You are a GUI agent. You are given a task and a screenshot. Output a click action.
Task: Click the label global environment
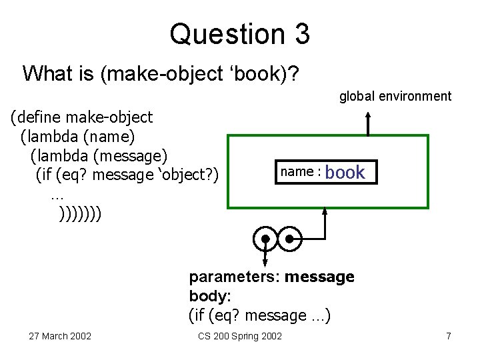(x=395, y=97)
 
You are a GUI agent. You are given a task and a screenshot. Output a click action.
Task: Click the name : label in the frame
(x=301, y=172)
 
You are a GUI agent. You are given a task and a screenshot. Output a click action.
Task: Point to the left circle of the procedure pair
(x=265, y=238)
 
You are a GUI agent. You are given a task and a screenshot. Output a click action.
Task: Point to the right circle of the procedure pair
(x=289, y=238)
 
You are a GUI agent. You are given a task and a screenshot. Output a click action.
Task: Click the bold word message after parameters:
(x=319, y=276)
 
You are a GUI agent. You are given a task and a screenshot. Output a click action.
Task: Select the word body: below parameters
(x=209, y=295)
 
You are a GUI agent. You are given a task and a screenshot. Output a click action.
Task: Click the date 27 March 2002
(x=60, y=335)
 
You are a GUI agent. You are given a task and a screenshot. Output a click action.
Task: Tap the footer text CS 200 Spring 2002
(x=240, y=335)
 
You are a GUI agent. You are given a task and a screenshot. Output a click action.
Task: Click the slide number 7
(x=449, y=335)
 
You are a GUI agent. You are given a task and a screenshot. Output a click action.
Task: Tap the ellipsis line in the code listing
(x=56, y=195)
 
